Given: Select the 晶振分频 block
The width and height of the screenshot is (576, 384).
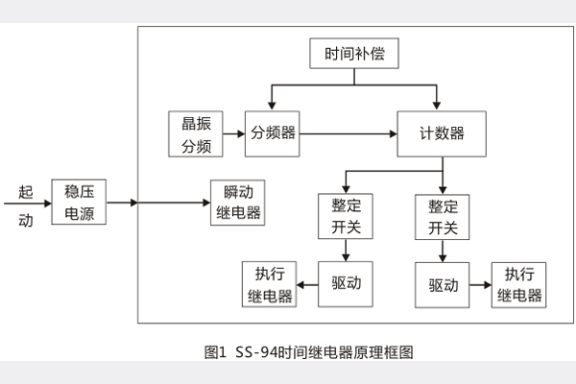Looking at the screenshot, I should tap(196, 133).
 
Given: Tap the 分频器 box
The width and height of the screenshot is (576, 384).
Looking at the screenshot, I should tap(272, 133).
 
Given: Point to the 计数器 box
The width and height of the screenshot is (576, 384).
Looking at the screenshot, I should tap(443, 133).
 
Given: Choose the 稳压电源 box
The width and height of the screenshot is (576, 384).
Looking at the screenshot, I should tap(79, 202).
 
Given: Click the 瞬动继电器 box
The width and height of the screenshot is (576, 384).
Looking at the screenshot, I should tap(236, 202).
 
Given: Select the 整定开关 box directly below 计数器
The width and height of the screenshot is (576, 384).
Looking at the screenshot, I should tap(442, 217).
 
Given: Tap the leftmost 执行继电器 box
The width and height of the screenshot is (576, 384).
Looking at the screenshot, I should tap(268, 283).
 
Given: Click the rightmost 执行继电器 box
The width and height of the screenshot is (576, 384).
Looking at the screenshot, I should tap(519, 284).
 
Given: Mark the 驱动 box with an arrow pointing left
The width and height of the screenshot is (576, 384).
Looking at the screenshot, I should tap(345, 283).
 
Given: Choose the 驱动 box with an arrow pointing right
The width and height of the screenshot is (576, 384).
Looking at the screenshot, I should tap(442, 284).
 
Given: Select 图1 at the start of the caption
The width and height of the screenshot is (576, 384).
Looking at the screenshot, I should tap(215, 352).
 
